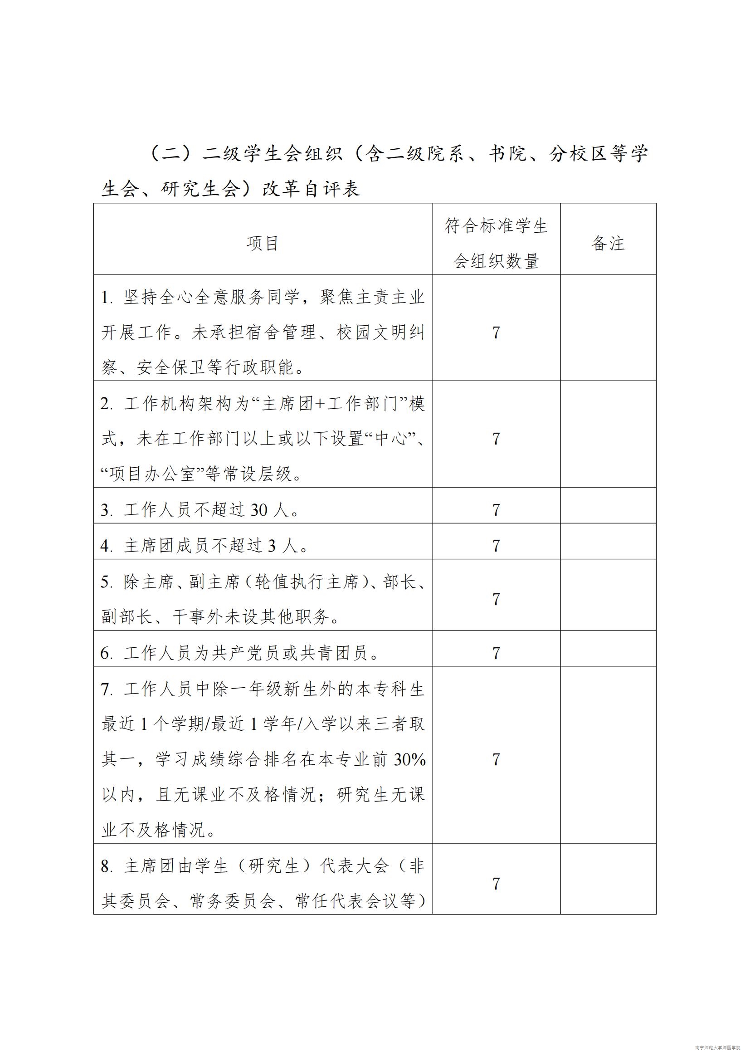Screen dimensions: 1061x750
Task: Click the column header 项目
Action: click(262, 243)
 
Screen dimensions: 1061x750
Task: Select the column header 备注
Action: click(608, 243)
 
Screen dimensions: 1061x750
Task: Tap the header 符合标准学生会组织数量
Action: click(496, 244)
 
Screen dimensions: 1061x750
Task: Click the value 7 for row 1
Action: click(496, 332)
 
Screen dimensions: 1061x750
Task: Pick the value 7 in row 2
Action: click(496, 439)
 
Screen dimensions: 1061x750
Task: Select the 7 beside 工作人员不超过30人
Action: click(496, 510)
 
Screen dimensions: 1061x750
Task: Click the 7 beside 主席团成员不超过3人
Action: click(496, 546)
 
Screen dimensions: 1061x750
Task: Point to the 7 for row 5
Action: click(496, 599)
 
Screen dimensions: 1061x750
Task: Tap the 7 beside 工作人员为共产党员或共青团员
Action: click(496, 653)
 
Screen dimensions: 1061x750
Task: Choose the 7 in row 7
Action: click(496, 759)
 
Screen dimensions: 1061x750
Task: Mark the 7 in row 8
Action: click(496, 884)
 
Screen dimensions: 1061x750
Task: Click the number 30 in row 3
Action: click(258, 510)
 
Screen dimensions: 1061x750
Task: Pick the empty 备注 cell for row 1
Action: click(608, 332)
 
